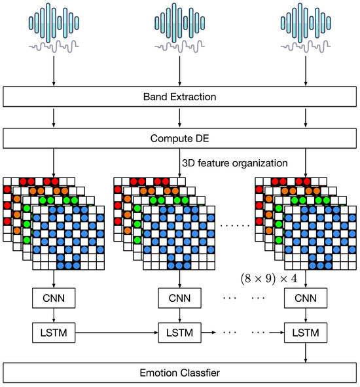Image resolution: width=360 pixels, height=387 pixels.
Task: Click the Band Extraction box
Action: pos(179,97)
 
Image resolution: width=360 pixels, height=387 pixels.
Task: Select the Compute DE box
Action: pos(179,138)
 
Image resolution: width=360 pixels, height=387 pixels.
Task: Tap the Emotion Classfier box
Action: pos(179,373)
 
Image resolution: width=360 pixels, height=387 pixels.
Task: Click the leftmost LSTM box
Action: pos(54,333)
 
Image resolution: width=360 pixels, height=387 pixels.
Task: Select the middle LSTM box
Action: pos(179,333)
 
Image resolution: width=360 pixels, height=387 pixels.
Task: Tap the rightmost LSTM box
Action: pos(305,333)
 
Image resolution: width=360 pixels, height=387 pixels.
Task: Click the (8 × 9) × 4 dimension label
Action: pos(268,278)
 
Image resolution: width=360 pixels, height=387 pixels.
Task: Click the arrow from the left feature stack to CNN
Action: pos(54,278)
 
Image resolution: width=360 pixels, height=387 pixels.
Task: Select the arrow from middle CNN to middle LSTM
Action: pos(179,316)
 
